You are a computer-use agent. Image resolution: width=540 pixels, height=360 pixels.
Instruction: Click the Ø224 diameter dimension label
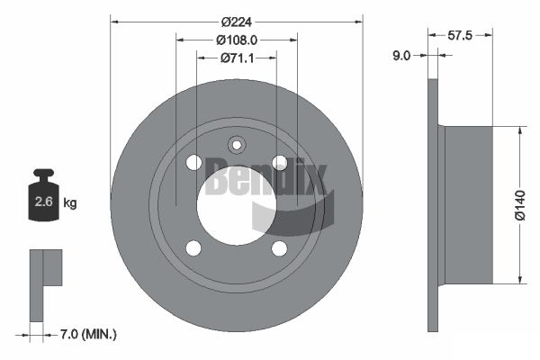(237, 22)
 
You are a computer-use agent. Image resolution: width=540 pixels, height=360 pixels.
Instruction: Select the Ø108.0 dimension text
(237, 40)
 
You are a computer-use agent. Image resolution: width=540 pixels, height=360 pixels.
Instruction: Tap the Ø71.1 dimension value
(237, 58)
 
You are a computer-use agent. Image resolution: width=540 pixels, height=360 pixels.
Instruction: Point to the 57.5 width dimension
(460, 35)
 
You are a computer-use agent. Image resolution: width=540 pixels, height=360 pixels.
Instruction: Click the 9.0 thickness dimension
(401, 56)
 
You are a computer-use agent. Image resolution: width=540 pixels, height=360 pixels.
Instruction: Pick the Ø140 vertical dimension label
(520, 205)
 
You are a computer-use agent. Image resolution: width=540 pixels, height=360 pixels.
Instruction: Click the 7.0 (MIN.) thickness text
(88, 334)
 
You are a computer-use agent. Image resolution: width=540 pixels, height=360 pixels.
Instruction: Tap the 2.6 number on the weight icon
(44, 202)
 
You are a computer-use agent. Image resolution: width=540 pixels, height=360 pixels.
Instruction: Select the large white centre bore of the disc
(237, 205)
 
